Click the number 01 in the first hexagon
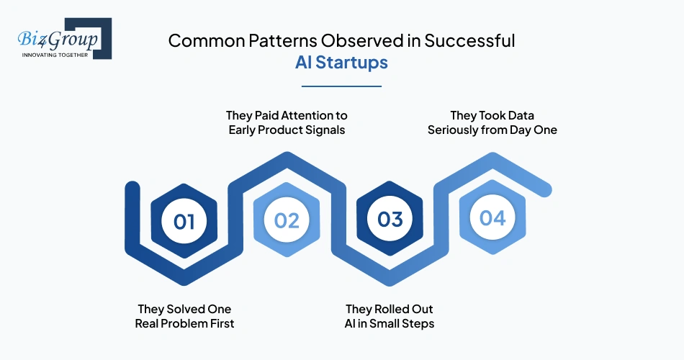pyautogui.click(x=184, y=221)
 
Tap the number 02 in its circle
pyautogui.click(x=287, y=220)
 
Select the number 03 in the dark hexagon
pyautogui.click(x=390, y=219)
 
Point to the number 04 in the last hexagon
pyautogui.click(x=492, y=217)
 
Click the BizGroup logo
pyautogui.click(x=65, y=38)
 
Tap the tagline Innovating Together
pyautogui.click(x=55, y=55)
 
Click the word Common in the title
pyautogui.click(x=207, y=40)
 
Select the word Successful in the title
pyautogui.click(x=470, y=40)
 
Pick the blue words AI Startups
pyautogui.click(x=341, y=62)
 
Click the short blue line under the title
pyautogui.click(x=341, y=86)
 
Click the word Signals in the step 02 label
pyautogui.click(x=325, y=130)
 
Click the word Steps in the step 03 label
pyautogui.click(x=420, y=324)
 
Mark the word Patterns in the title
pyautogui.click(x=283, y=40)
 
